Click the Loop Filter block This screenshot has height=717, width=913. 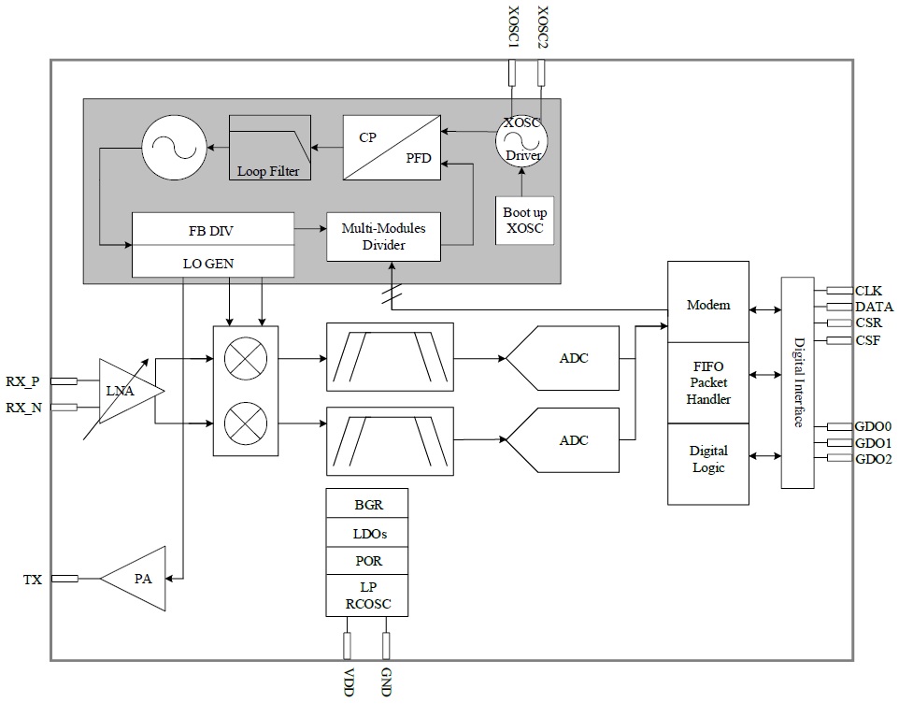[x=269, y=148]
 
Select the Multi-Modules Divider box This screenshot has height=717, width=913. [x=383, y=237]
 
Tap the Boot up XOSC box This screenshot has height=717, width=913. [x=524, y=221]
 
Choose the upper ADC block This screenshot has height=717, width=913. [x=563, y=358]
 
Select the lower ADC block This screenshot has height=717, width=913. [x=563, y=439]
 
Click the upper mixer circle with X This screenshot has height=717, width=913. [x=246, y=358]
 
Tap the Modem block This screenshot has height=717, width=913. [x=708, y=302]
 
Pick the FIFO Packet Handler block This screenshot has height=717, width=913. [x=708, y=382]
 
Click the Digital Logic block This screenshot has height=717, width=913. [x=708, y=464]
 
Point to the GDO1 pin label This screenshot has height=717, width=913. [x=874, y=443]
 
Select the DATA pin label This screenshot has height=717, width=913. [x=874, y=307]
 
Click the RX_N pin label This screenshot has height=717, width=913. [x=24, y=408]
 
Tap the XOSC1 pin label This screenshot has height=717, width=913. [x=513, y=27]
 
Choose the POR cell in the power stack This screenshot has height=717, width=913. [x=367, y=560]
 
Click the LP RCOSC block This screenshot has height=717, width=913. [x=367, y=595]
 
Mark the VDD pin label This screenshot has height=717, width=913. [x=349, y=682]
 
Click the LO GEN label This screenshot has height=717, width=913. [x=208, y=264]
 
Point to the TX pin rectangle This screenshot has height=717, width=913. [x=64, y=579]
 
